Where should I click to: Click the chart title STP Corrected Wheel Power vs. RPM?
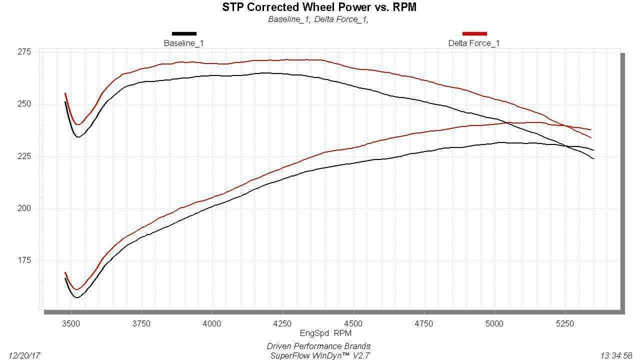[319, 7]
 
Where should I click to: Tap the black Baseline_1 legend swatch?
[184, 33]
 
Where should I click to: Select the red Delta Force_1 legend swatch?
[474, 33]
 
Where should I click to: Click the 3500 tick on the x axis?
[71, 323]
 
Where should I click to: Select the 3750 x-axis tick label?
[141, 323]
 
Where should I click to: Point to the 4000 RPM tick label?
[212, 323]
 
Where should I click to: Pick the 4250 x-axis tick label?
[282, 323]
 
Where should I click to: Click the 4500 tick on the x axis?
[353, 323]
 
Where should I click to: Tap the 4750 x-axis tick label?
[424, 323]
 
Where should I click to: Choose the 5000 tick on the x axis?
[494, 323]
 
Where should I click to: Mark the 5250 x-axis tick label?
[565, 323]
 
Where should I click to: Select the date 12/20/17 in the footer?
[24, 355]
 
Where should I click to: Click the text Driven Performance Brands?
[318, 346]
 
